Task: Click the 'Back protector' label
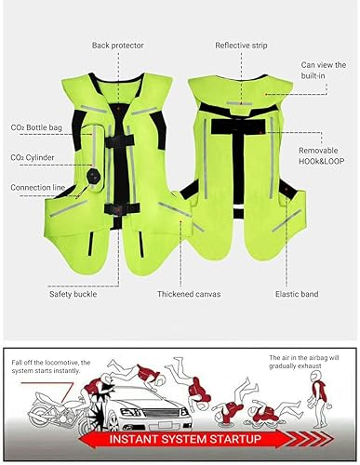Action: (117, 45)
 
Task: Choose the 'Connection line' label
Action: (37, 187)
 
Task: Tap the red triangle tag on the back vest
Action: (271, 92)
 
